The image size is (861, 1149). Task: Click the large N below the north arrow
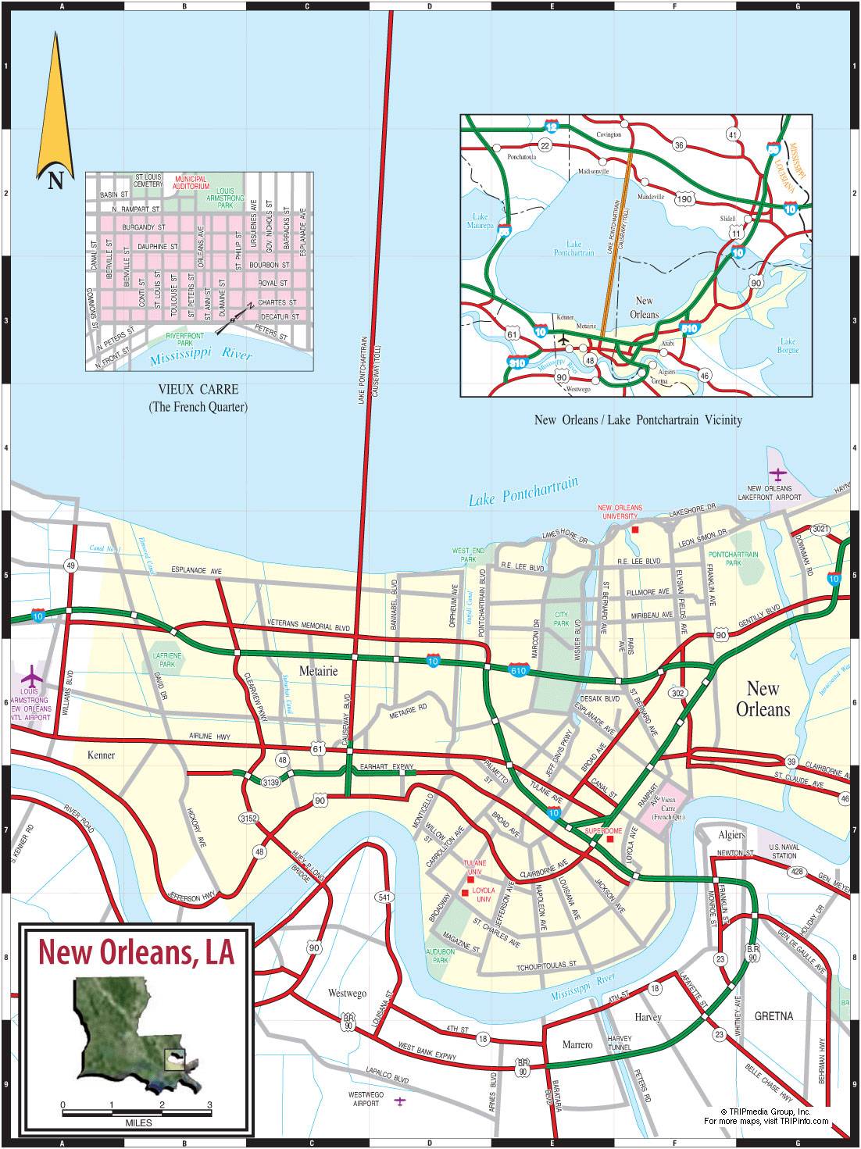click(55, 181)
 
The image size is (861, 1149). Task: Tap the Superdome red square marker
click(610, 839)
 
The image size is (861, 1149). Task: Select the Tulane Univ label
click(474, 866)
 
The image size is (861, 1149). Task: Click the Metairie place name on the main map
click(318, 671)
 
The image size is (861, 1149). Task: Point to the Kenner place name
click(102, 755)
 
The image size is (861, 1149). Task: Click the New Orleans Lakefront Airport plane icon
click(777, 474)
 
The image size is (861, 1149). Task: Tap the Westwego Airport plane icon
click(400, 1101)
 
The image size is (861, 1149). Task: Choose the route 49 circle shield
click(71, 566)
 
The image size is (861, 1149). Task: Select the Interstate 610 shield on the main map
click(518, 670)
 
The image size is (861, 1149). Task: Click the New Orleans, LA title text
click(137, 951)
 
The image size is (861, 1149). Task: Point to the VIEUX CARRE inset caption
click(198, 389)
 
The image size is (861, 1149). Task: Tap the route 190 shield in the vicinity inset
click(684, 199)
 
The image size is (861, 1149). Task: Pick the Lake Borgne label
click(788, 345)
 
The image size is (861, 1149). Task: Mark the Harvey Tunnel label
click(619, 1043)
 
